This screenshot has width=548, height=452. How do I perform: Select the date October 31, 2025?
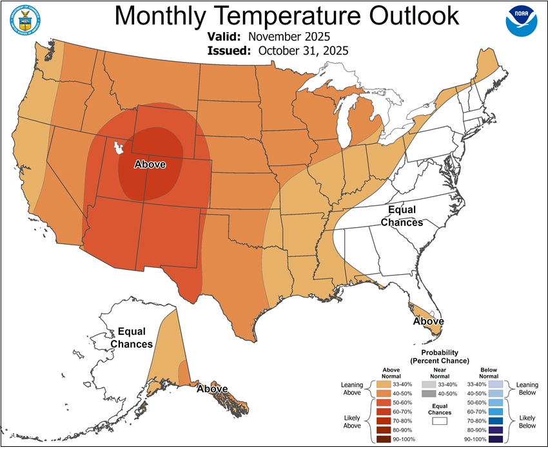click(x=303, y=51)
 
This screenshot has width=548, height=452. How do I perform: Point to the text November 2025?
click(x=289, y=37)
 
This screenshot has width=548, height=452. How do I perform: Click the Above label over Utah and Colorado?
click(x=150, y=165)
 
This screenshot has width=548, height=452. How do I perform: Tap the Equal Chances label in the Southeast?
click(x=402, y=216)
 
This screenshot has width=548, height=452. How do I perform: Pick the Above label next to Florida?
click(x=428, y=321)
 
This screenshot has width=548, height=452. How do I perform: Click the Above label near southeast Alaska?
click(x=212, y=389)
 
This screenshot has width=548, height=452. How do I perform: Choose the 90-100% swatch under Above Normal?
click(x=382, y=438)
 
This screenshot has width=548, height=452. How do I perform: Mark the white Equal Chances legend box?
click(x=440, y=420)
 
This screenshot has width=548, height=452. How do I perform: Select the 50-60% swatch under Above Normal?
click(x=382, y=402)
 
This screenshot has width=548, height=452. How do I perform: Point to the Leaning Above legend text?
click(x=351, y=388)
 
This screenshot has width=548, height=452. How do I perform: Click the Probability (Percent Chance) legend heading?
click(x=440, y=357)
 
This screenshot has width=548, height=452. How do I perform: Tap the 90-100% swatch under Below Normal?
click(x=495, y=438)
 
